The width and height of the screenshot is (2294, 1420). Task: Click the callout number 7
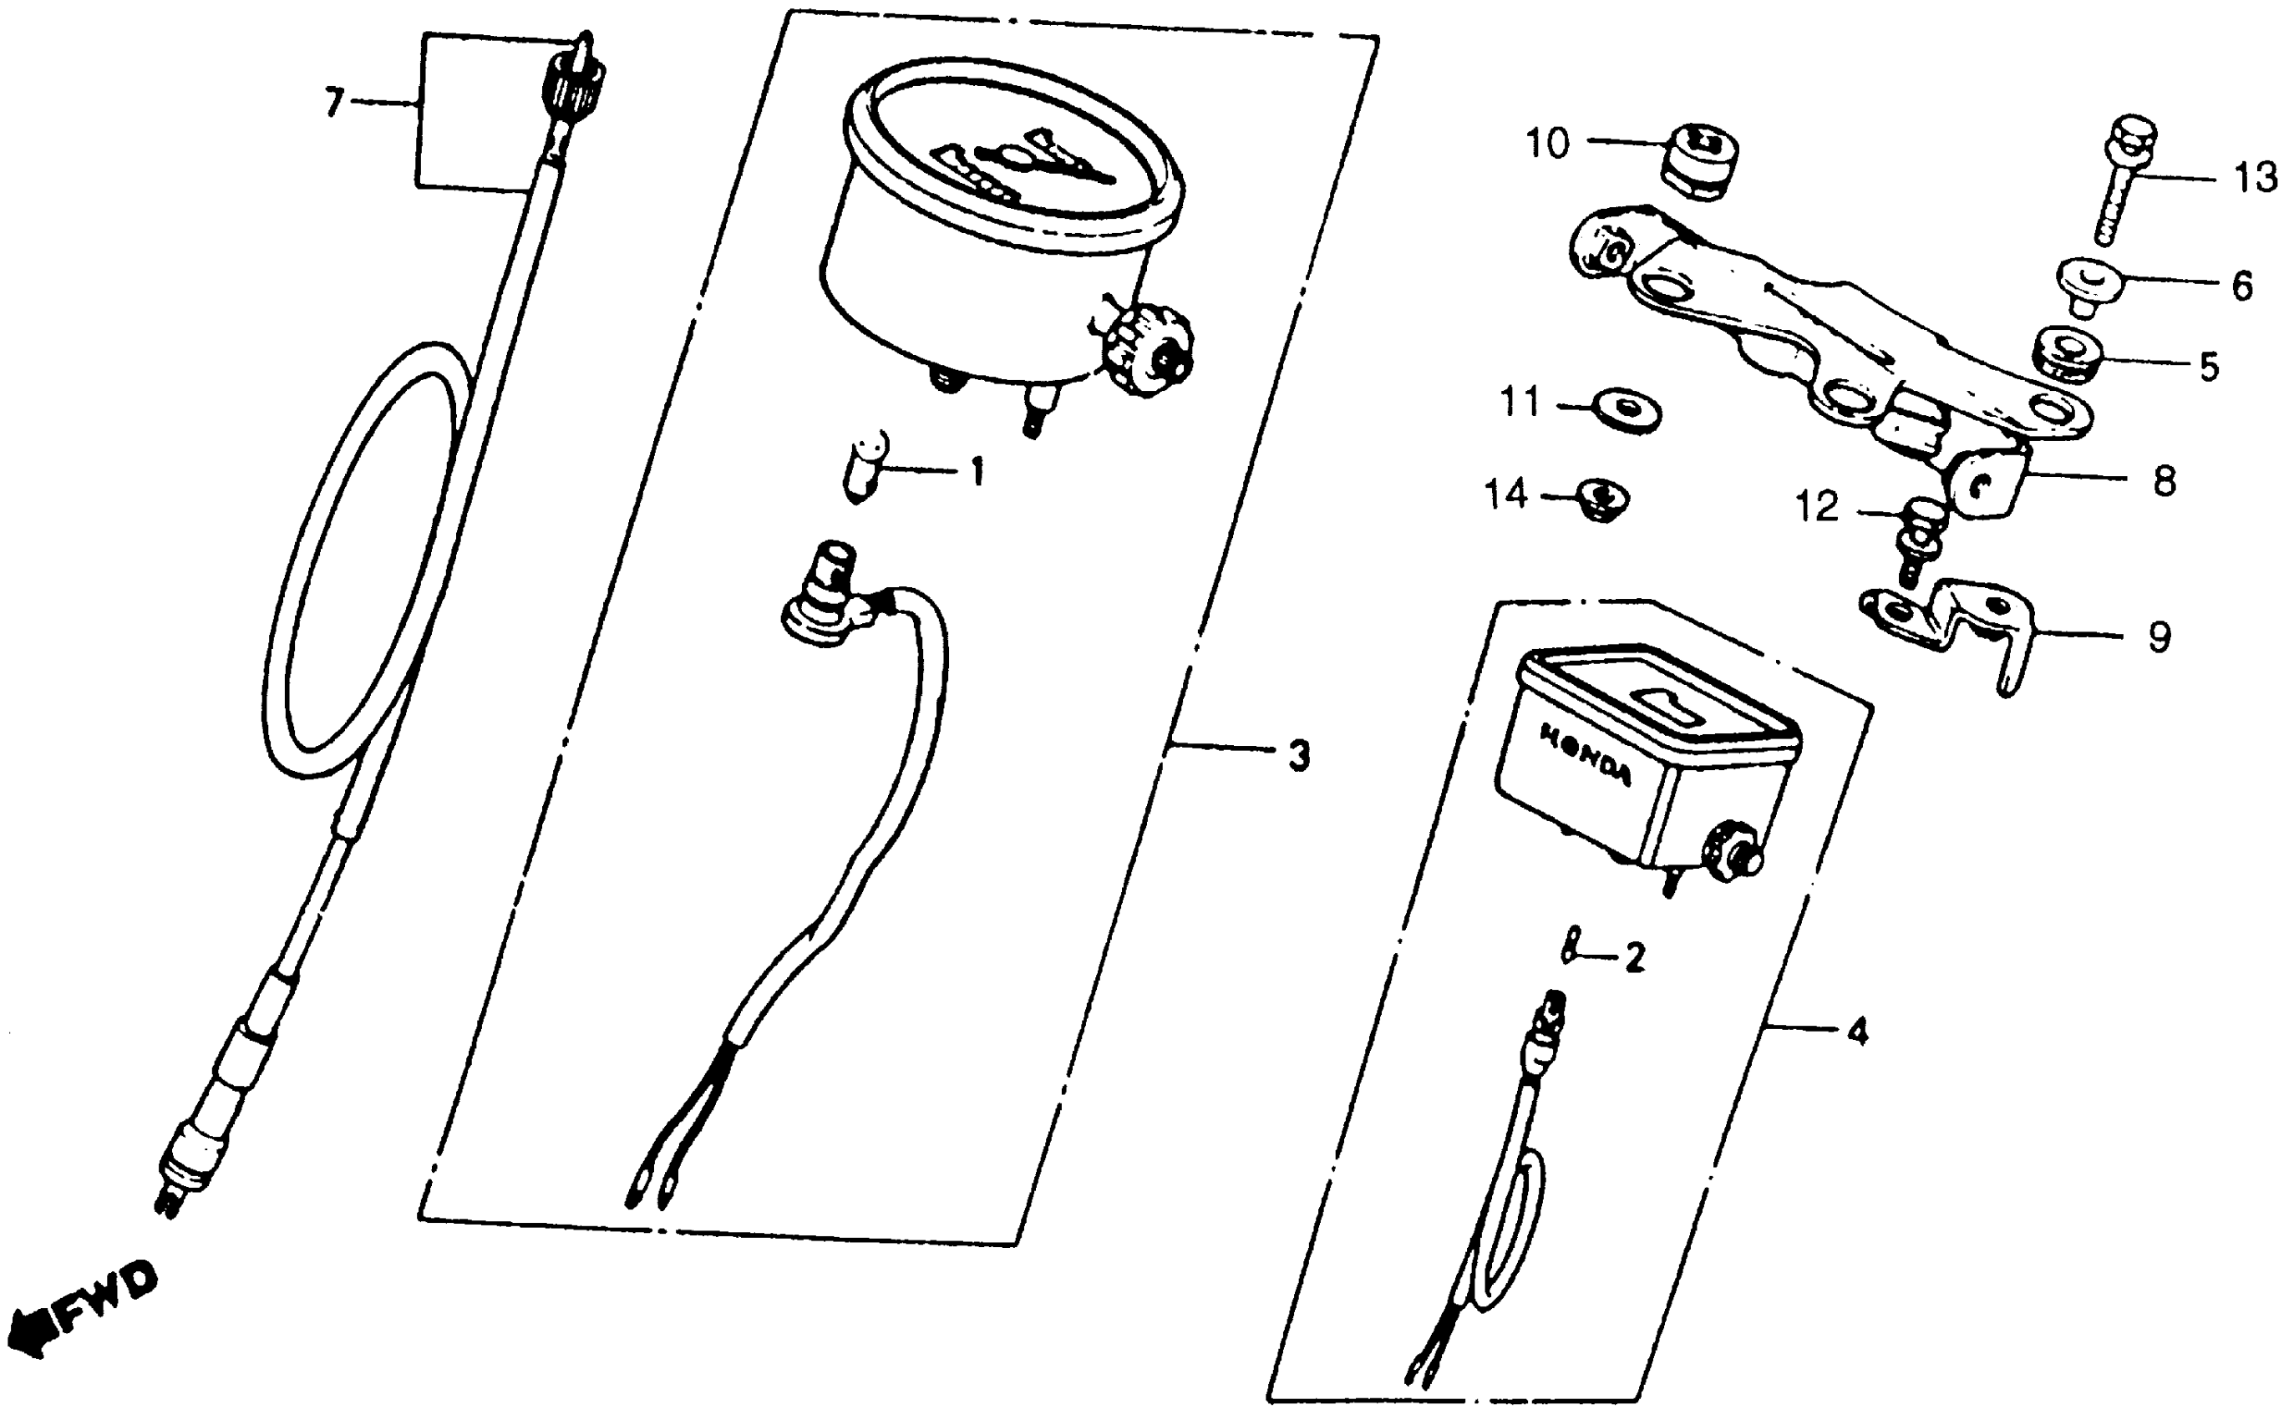tap(334, 103)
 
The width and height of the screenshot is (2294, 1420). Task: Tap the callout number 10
tap(1546, 144)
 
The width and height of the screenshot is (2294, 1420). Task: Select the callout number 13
tap(2255, 177)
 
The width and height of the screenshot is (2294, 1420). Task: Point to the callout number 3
tap(1299, 755)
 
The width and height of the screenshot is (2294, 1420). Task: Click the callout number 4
tap(1857, 1033)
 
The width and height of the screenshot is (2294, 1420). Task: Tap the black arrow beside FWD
tap(33, 1331)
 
